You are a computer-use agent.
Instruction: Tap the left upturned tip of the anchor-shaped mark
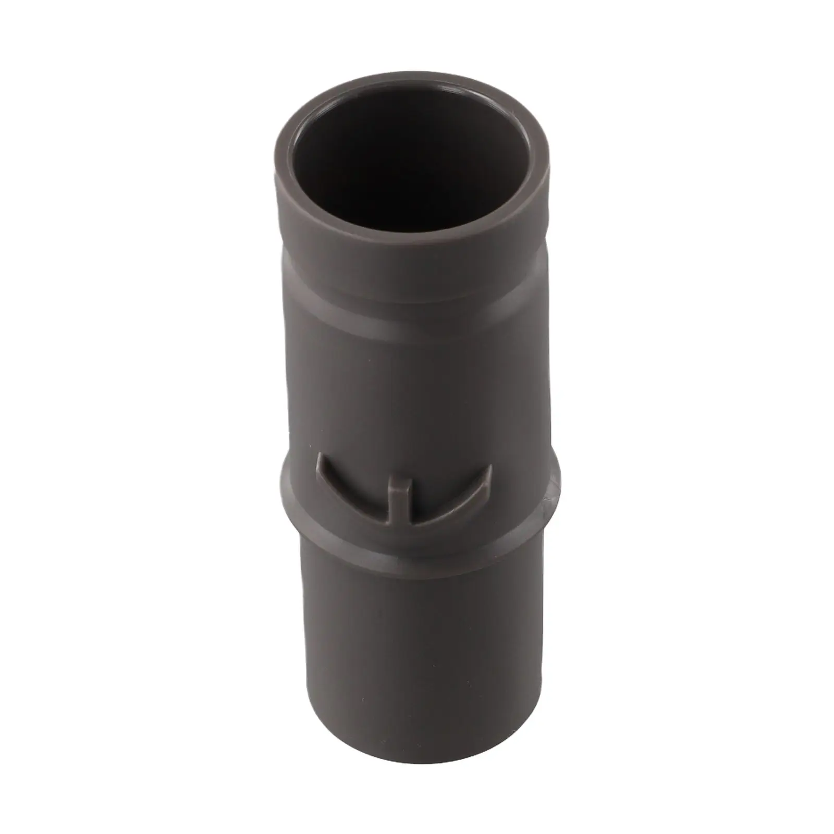322,462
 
